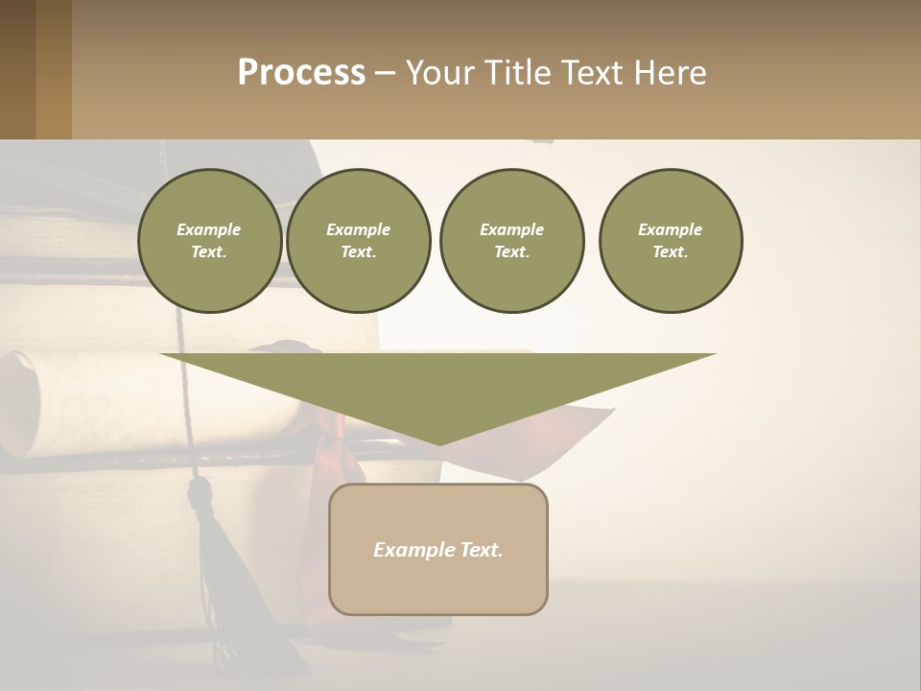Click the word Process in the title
301,73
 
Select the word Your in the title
442,73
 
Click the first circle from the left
209,241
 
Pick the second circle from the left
359,241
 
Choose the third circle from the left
511,241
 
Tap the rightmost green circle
671,241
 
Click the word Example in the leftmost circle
209,229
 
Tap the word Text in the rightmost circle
671,252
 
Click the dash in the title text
385,73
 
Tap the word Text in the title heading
595,73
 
